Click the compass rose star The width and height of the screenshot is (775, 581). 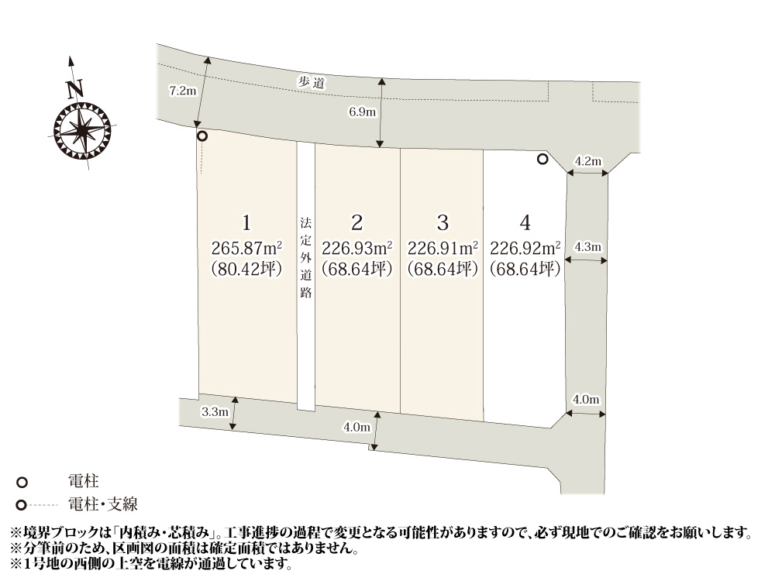(82, 129)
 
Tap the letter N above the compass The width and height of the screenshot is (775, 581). (74, 89)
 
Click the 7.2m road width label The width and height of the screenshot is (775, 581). (183, 91)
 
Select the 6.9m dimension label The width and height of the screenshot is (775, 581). (363, 112)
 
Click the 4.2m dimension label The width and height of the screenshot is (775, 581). (587, 161)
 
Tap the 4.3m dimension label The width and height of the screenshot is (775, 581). (587, 247)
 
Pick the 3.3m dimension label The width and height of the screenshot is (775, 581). (214, 411)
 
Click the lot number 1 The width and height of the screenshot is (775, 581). (246, 223)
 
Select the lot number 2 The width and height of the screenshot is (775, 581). (357, 223)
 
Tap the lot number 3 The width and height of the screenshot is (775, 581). (443, 223)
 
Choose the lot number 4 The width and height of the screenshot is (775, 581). (525, 223)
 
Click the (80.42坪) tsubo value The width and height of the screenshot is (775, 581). (246, 269)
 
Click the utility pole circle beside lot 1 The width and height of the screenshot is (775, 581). (202, 136)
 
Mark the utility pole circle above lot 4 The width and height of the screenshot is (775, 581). (542, 160)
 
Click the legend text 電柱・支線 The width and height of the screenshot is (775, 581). (103, 505)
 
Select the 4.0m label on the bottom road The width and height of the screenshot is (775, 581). (356, 427)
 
